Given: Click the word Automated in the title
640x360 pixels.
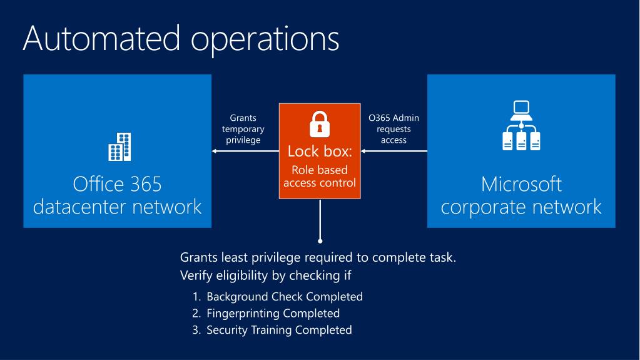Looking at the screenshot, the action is point(98,39).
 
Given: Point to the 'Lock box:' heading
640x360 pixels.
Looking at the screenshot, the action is point(320,152).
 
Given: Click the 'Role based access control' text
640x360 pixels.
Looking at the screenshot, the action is point(320,177).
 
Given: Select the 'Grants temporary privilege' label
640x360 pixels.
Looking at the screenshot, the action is point(243,128).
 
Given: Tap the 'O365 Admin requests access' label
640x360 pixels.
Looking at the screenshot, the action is point(394,128).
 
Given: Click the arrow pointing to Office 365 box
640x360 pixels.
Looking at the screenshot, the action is point(244,151).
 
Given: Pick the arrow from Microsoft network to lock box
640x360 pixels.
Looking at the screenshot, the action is point(394,151).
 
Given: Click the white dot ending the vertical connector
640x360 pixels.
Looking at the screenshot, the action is point(320,240).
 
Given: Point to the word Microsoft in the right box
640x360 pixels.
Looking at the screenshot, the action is point(521,184).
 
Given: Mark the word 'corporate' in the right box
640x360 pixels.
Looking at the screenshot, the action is point(489,207).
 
